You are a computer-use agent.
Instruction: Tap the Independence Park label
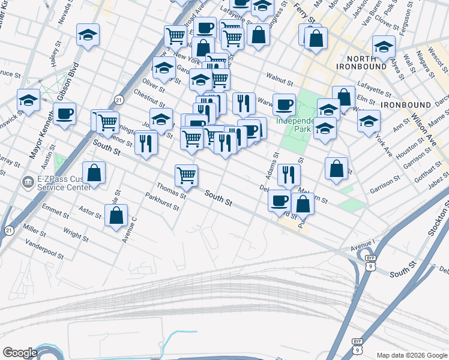(295, 124)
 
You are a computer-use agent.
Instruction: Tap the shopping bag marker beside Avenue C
(116, 216)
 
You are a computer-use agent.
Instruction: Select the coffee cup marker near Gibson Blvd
(64, 113)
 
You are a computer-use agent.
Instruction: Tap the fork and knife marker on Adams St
(289, 175)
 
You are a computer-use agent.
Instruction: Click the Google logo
(20, 353)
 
